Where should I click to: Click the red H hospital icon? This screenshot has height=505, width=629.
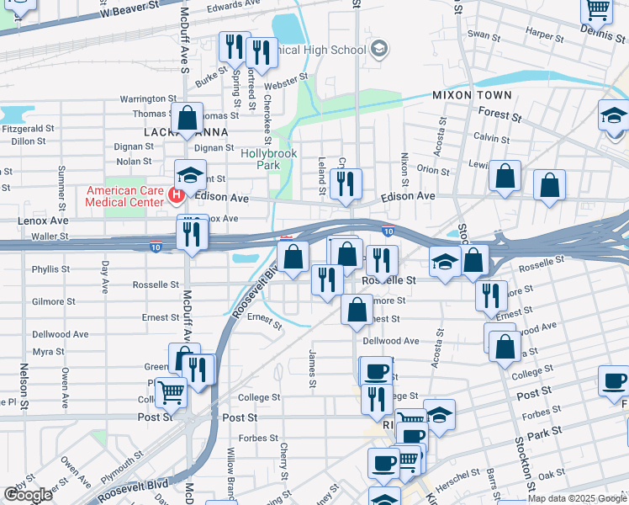pos(177,196)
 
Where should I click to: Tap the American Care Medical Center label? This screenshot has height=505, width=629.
pos(126,197)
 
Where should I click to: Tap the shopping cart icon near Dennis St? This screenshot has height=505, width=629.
pos(597,10)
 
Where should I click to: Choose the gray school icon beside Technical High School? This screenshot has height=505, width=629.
pos(379,49)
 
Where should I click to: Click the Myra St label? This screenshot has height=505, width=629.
pos(49,351)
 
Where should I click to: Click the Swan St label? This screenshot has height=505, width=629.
pos(484,35)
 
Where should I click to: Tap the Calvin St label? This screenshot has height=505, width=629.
pos(487,137)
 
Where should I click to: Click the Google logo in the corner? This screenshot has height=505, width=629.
pos(28,495)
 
